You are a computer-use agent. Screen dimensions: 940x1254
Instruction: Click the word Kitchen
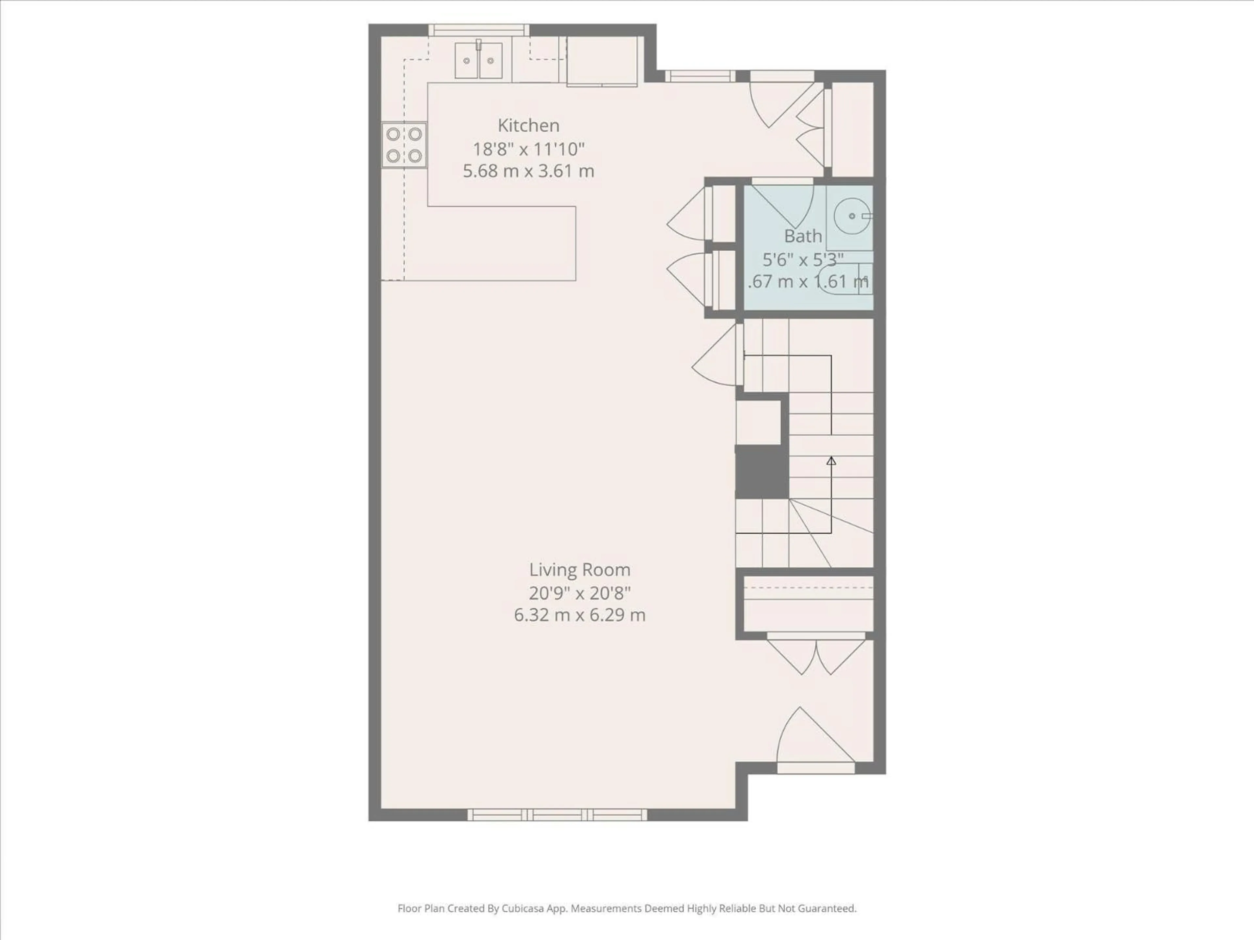pyautogui.click(x=528, y=125)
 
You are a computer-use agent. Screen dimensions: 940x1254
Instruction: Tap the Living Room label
pyautogui.click(x=579, y=570)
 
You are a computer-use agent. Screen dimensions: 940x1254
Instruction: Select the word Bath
pyautogui.click(x=803, y=236)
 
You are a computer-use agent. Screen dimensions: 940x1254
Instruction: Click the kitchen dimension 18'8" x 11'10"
pyautogui.click(x=528, y=149)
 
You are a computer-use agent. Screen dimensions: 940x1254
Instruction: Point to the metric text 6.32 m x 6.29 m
pyautogui.click(x=579, y=615)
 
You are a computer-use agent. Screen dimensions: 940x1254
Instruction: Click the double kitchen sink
pyautogui.click(x=478, y=60)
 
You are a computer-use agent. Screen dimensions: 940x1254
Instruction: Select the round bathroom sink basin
pyautogui.click(x=851, y=216)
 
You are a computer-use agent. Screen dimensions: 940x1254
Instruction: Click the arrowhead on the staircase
pyautogui.click(x=831, y=461)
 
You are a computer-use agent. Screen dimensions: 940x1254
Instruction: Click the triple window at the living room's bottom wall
pyautogui.click(x=557, y=815)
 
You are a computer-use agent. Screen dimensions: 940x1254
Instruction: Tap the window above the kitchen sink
pyautogui.click(x=478, y=30)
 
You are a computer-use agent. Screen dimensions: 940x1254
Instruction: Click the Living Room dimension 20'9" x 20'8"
pyautogui.click(x=579, y=593)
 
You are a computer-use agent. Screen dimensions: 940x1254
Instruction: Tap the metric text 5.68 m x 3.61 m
pyautogui.click(x=528, y=171)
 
